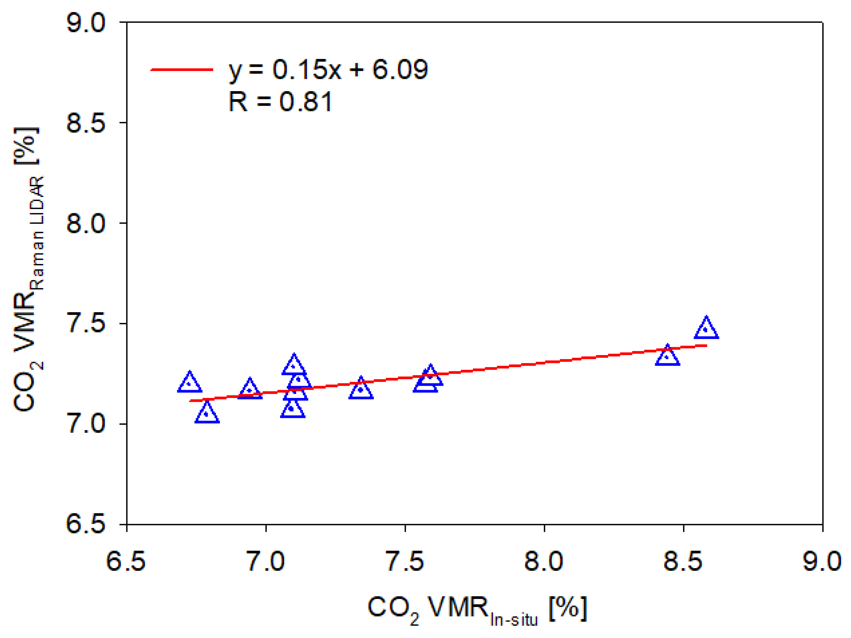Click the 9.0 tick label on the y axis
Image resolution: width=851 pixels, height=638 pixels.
(x=85, y=23)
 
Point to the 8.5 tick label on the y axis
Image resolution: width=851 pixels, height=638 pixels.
(x=85, y=123)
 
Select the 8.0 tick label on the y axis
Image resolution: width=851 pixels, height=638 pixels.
(x=85, y=224)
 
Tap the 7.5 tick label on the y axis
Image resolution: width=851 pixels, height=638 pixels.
(x=85, y=324)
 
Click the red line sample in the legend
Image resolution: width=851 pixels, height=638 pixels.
(x=181, y=70)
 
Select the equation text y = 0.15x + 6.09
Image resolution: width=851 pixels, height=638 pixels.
(x=328, y=70)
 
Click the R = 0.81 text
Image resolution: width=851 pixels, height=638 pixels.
(x=280, y=102)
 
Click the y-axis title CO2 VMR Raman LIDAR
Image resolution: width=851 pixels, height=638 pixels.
(x=29, y=270)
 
